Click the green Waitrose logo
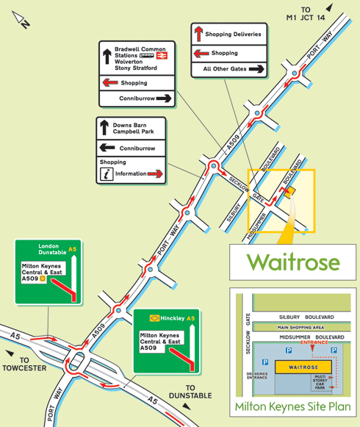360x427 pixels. click(x=293, y=262)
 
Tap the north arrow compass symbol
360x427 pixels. click(x=21, y=19)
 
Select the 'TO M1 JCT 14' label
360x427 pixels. click(x=306, y=14)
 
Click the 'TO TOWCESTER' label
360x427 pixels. click(x=24, y=364)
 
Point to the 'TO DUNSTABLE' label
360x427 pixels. click(x=190, y=392)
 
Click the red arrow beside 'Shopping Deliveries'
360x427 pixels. click(x=199, y=34)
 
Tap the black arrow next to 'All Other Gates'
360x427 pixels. click(x=256, y=69)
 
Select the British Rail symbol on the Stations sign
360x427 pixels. click(x=162, y=56)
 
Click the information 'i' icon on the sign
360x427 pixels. click(x=107, y=174)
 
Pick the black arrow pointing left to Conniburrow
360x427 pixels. click(x=107, y=148)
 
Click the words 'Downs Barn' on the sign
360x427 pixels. click(x=129, y=125)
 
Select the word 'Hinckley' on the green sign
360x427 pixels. click(x=173, y=318)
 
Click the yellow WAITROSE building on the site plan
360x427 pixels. click(x=303, y=367)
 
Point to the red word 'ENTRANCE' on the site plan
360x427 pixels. click(x=314, y=342)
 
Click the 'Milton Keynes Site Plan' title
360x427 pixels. click(x=292, y=406)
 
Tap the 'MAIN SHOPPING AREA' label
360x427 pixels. click(x=300, y=327)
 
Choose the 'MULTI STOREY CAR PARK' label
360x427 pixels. click(x=320, y=382)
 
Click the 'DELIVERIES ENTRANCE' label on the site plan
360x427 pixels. click(x=257, y=376)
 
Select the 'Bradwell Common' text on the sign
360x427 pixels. click(x=140, y=49)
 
